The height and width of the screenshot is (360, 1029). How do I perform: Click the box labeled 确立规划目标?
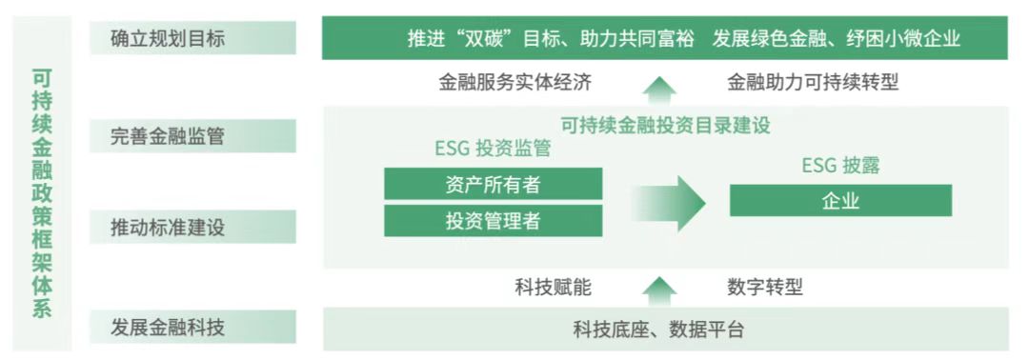tap(192, 39)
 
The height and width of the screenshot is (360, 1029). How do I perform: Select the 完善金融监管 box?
tap(192, 135)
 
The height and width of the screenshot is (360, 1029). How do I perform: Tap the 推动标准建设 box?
tap(192, 229)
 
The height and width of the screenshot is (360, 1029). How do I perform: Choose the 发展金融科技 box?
tap(192, 329)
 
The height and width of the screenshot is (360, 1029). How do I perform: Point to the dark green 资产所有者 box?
tap(493, 184)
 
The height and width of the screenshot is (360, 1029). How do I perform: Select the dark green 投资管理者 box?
tap(493, 221)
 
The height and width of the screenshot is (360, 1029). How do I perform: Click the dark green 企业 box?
tap(840, 201)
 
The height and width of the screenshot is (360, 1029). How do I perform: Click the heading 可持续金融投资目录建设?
tap(665, 125)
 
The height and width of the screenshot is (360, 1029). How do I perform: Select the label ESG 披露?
tap(840, 165)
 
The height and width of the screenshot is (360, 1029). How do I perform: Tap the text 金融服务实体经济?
tap(515, 83)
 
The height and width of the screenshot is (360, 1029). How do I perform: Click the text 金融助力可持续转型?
tap(813, 83)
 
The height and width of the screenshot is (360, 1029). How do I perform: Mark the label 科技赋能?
tap(553, 287)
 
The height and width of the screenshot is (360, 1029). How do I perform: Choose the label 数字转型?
tap(764, 287)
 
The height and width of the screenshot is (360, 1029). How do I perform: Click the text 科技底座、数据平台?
tap(658, 330)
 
